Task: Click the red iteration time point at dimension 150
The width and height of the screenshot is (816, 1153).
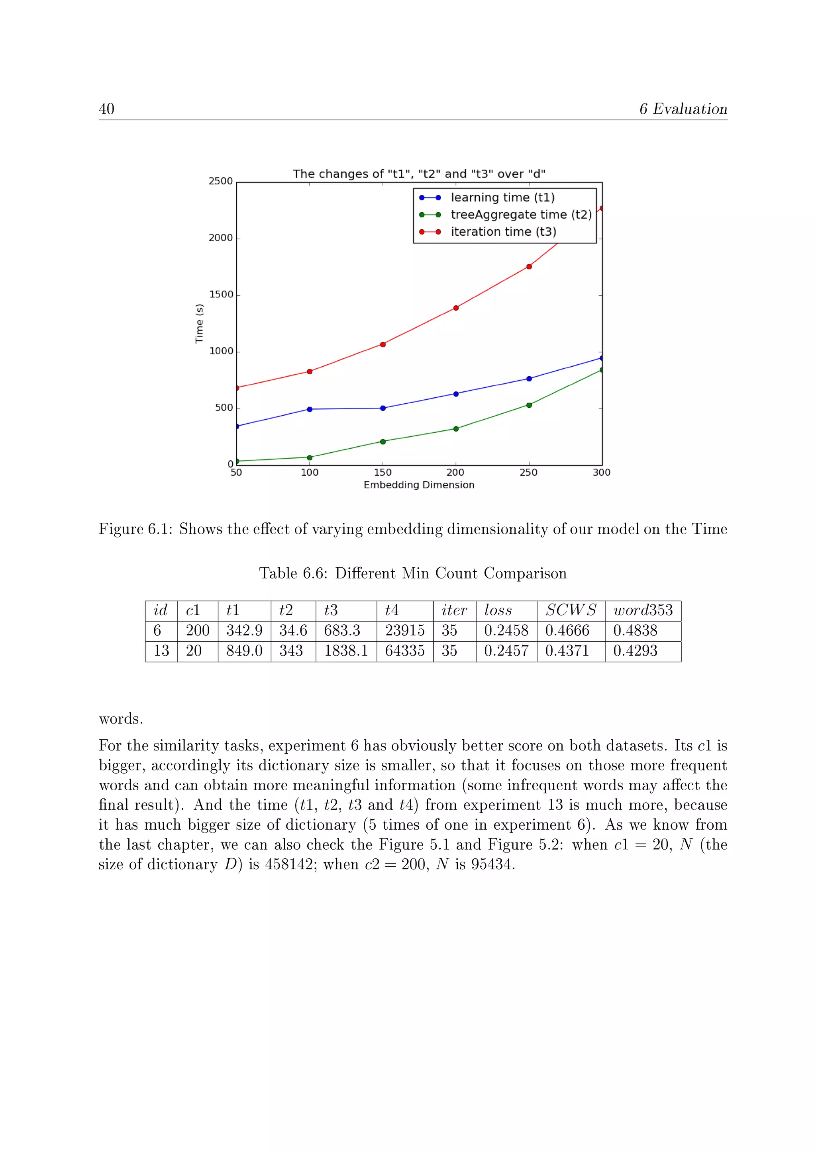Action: click(x=383, y=344)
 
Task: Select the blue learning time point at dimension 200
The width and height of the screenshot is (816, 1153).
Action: click(x=456, y=394)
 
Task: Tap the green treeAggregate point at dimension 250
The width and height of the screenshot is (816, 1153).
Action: click(x=529, y=405)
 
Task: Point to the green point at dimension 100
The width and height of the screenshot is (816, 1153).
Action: click(x=310, y=457)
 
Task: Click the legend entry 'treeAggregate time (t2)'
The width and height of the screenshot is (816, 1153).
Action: click(x=521, y=215)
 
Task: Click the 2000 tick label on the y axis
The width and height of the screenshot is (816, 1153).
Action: click(x=221, y=238)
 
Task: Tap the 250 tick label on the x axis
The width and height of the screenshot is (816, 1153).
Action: click(x=529, y=473)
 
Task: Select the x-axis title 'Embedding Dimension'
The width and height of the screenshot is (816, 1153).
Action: click(x=419, y=485)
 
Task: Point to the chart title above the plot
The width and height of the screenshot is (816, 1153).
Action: click(x=419, y=174)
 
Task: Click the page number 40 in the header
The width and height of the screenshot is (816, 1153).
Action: click(x=106, y=109)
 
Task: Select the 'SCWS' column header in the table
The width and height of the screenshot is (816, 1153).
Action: click(x=571, y=611)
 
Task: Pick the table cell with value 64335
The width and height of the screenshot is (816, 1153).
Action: click(x=404, y=651)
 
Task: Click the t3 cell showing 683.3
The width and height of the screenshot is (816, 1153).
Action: click(x=342, y=631)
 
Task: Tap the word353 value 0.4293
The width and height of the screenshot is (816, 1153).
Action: click(x=635, y=651)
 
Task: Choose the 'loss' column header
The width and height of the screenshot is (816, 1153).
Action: click(x=498, y=611)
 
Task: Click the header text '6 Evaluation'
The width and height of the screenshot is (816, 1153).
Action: click(x=683, y=109)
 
